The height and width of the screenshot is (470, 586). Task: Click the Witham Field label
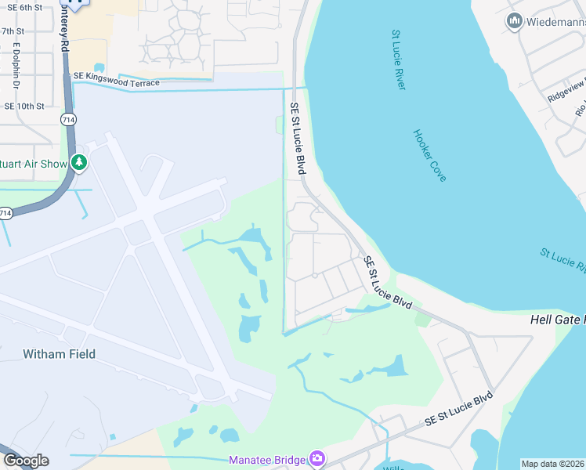tap(59, 354)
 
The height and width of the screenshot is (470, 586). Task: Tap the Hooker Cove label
tap(429, 155)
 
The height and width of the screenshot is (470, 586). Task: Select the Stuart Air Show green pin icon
tap(78, 162)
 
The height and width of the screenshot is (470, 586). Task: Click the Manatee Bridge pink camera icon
tap(317, 458)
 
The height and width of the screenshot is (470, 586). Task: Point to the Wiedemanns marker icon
tap(515, 21)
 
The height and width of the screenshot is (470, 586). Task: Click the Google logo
tap(25, 461)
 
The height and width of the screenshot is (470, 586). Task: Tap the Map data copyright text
tap(552, 464)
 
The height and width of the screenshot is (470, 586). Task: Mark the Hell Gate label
tap(557, 320)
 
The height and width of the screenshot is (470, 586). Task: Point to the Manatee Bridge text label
tap(266, 459)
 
